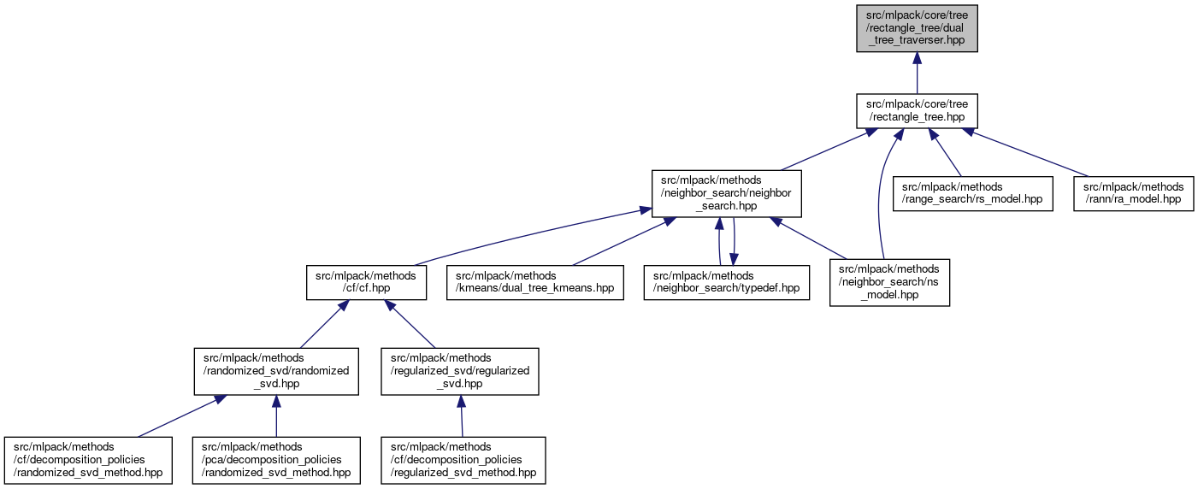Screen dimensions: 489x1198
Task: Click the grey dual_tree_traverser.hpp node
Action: (x=917, y=28)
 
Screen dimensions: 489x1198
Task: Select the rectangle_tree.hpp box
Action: (x=917, y=111)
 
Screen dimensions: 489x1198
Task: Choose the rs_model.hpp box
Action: (x=972, y=193)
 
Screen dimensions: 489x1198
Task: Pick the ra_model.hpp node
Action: (x=1134, y=193)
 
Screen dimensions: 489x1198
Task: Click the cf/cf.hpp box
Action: (x=366, y=282)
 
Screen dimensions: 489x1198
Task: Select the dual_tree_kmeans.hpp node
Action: (x=534, y=282)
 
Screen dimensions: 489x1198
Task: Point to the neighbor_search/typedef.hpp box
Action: (x=727, y=282)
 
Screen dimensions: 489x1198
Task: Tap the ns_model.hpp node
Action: (x=889, y=282)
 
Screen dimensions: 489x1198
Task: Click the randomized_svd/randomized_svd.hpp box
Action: (x=275, y=371)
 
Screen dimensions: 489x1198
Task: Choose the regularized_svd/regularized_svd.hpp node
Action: (x=460, y=371)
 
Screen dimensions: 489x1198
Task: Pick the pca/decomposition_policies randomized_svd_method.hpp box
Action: (x=275, y=460)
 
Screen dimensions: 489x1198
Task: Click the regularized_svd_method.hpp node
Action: (x=463, y=460)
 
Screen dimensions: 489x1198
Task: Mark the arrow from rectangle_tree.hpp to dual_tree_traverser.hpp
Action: (x=917, y=73)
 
